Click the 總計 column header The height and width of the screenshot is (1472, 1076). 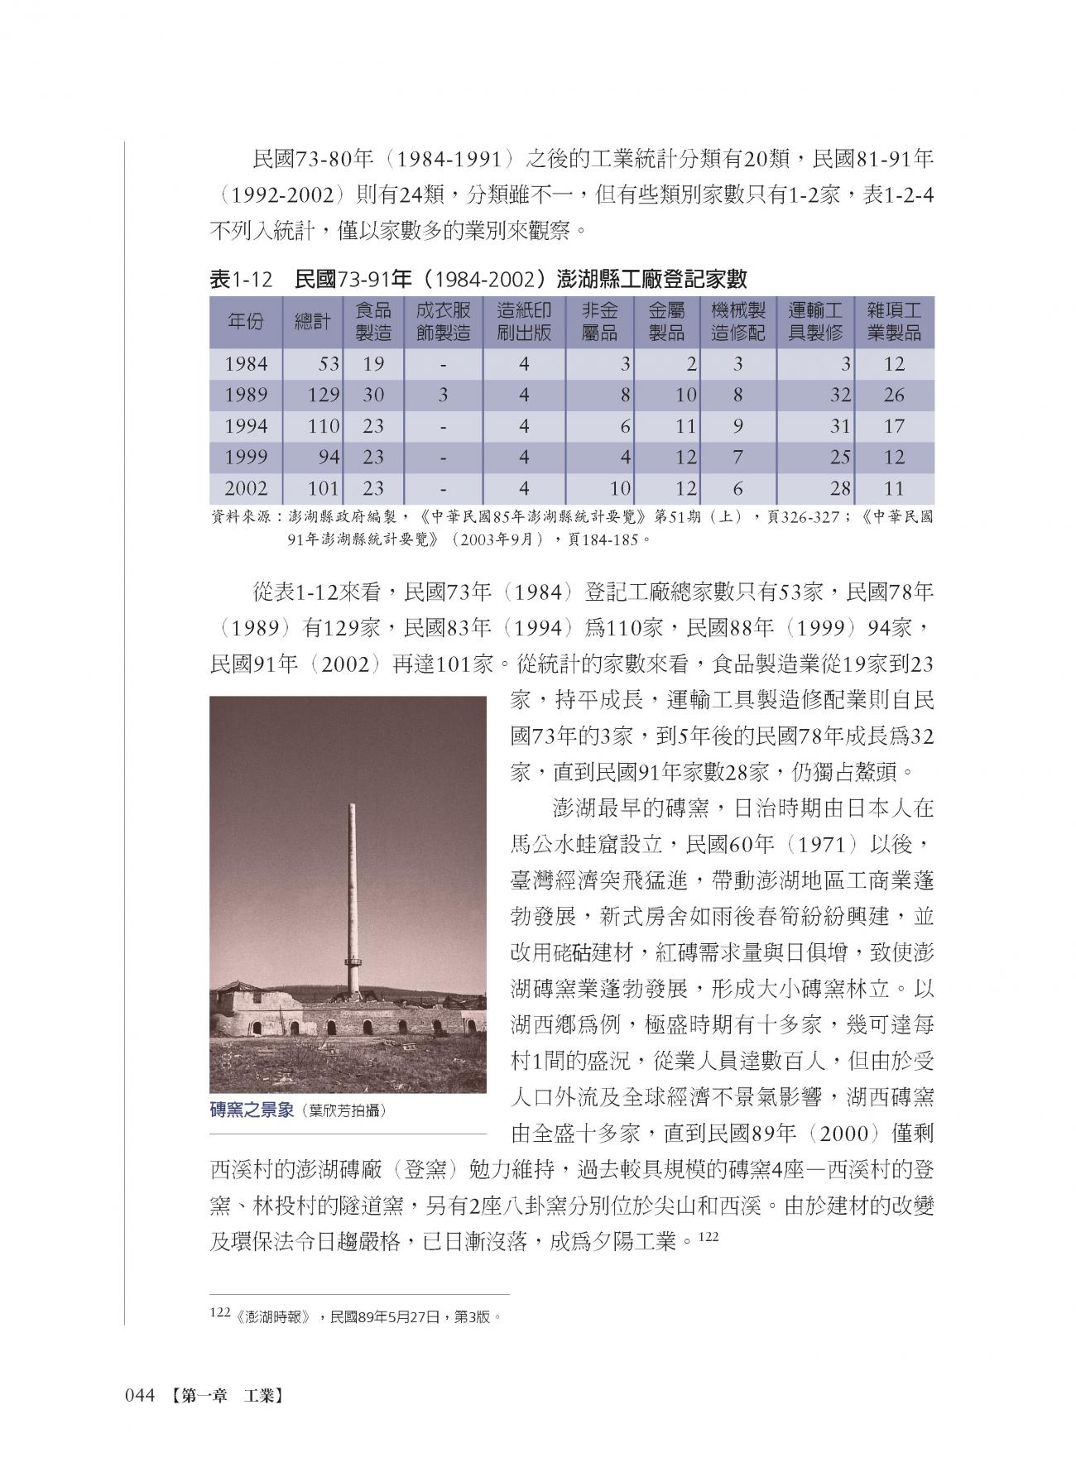312,322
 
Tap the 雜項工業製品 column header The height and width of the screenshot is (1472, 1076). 894,322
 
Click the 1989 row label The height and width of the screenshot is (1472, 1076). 246,395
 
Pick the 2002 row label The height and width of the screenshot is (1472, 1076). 246,488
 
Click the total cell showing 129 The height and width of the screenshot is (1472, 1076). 324,395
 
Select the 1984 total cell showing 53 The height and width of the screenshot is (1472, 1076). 328,364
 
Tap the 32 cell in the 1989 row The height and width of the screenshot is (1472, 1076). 840,395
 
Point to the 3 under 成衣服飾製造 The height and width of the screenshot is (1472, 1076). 443,395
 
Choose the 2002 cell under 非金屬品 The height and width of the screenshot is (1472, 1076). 621,488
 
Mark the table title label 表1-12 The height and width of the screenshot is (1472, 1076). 241,280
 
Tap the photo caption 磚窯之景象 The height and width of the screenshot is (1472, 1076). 252,1110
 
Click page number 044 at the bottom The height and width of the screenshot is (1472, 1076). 140,1396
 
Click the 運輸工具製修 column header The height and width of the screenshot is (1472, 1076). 815,322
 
